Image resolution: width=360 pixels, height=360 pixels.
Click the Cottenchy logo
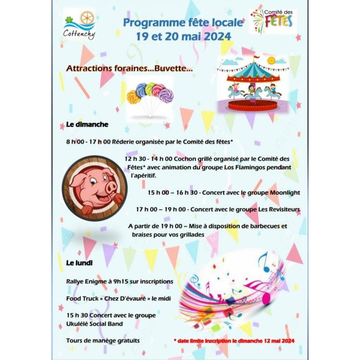point(79,25)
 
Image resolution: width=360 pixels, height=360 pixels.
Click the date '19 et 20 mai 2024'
point(183,36)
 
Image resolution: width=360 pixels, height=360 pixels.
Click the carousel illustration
point(252,85)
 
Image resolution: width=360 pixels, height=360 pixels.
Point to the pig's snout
point(110,186)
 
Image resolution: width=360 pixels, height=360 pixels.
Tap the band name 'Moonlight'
point(284,193)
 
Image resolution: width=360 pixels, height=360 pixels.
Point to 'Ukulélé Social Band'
point(94,324)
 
